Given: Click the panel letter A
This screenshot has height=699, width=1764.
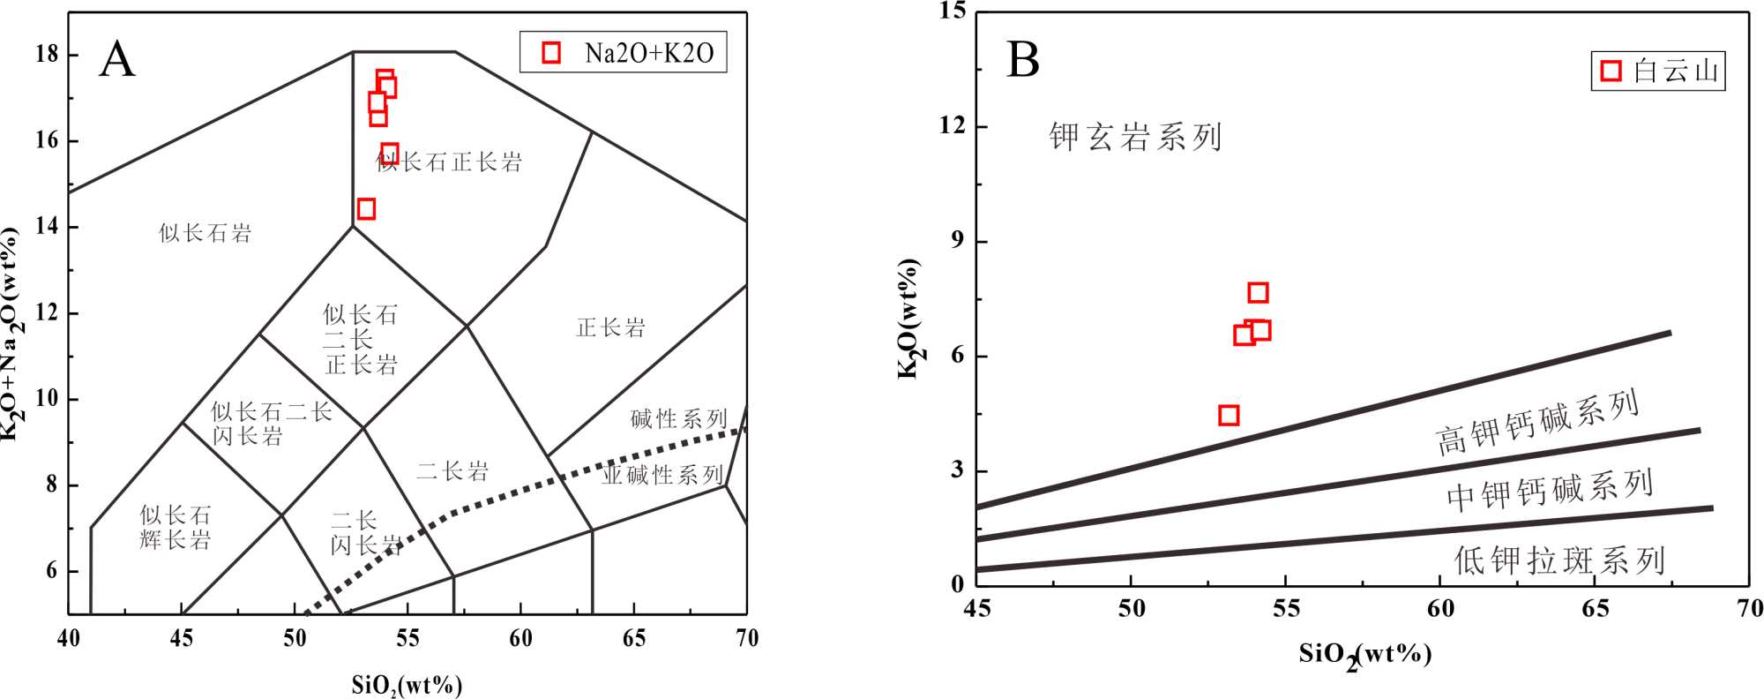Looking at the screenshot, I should (x=117, y=60).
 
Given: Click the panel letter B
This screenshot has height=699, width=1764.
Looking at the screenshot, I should (x=1023, y=60).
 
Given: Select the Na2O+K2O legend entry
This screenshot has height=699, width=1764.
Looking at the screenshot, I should (x=624, y=53).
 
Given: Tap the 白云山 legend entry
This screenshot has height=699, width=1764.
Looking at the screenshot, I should (x=1658, y=71).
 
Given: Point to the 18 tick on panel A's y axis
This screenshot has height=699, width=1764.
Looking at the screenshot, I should (x=47, y=54).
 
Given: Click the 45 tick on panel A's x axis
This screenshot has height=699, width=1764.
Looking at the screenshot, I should (x=182, y=638).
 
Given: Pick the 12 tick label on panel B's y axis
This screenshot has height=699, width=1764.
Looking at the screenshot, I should (x=952, y=125).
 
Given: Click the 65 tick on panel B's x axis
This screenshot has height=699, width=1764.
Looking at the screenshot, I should (x=1595, y=609).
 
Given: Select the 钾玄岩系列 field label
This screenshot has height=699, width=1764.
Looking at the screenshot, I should (x=1135, y=138).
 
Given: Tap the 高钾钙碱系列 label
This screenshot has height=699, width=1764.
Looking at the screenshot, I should (x=1537, y=423).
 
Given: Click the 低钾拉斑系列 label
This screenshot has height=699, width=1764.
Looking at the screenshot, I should (x=1558, y=560).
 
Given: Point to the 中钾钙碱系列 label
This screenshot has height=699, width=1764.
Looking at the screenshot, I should (x=1549, y=490).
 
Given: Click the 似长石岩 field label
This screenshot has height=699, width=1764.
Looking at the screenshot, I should (x=205, y=233).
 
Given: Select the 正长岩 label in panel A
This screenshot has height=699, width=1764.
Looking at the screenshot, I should (x=610, y=328).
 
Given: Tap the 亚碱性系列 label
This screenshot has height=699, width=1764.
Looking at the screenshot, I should (x=662, y=475).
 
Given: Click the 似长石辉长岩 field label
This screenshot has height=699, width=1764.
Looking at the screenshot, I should (x=176, y=527).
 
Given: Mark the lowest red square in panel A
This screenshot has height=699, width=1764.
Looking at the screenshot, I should (x=366, y=209).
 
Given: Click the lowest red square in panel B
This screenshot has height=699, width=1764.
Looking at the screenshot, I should (x=1229, y=416).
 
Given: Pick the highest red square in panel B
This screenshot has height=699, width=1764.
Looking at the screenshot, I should (x=1258, y=293).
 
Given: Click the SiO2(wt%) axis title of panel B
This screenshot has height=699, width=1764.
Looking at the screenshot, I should (x=1364, y=655).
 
